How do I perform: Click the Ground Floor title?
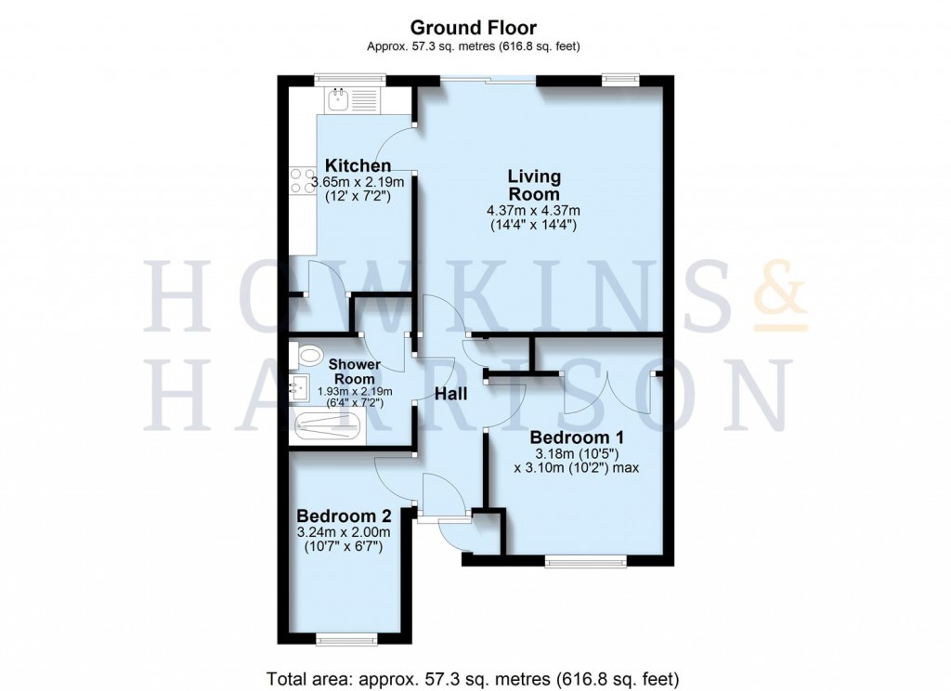(x=475, y=28)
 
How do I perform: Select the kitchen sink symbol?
(x=339, y=98)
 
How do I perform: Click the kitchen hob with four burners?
(x=301, y=180)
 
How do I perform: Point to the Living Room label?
(x=533, y=185)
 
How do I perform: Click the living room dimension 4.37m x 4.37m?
(x=533, y=211)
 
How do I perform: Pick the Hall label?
(x=451, y=394)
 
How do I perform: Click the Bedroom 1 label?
(x=576, y=437)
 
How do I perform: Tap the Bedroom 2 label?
(x=343, y=515)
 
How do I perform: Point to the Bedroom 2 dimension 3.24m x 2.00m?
(x=343, y=532)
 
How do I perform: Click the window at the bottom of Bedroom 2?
(x=346, y=639)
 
